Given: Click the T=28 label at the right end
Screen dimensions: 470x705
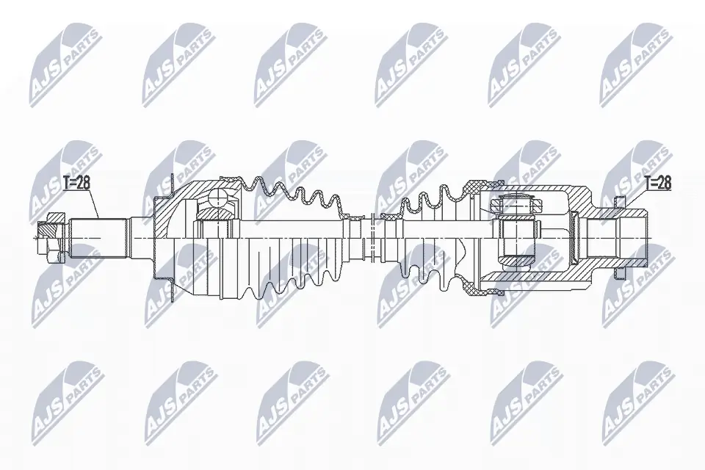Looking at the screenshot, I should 657,183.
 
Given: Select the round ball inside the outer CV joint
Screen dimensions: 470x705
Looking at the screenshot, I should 218,199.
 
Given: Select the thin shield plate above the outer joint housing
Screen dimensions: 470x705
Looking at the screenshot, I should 170,184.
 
